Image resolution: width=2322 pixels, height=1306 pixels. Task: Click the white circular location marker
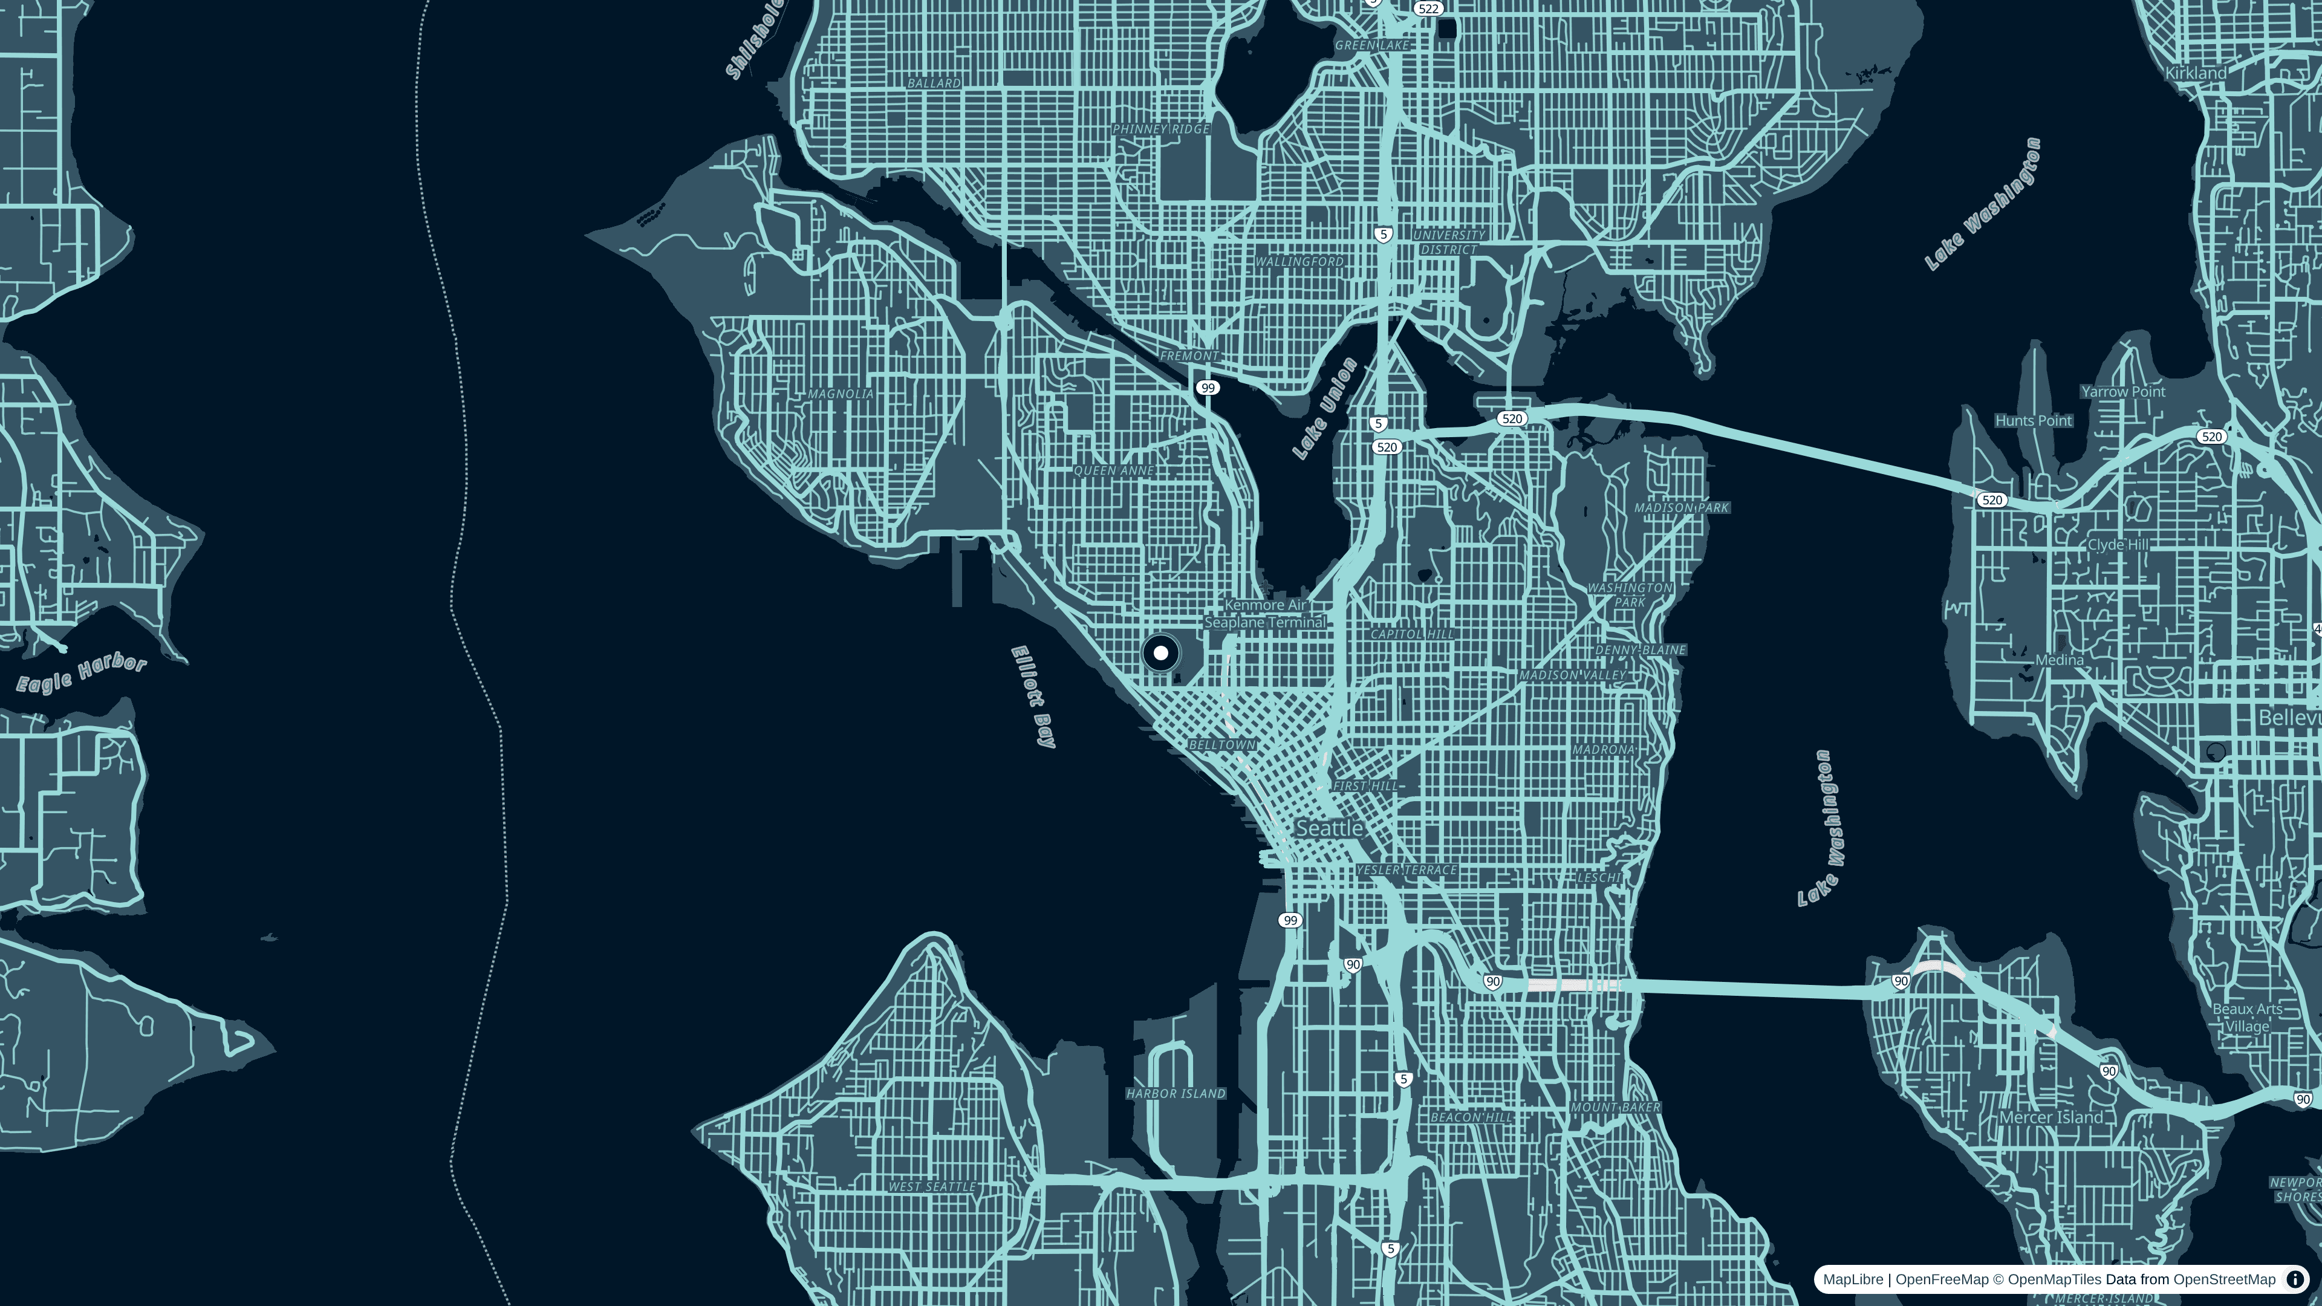tap(1161, 652)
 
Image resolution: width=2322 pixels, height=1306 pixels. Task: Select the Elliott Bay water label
tap(1033, 696)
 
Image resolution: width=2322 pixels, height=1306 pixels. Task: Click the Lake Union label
tap(1325, 408)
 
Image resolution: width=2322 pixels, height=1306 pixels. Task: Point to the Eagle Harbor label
tap(81, 674)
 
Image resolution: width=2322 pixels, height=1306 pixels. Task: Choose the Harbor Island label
tap(1176, 1093)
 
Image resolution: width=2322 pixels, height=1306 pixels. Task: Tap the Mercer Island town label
tap(2050, 1117)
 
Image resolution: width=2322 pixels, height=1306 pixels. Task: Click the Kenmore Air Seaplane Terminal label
tap(1266, 614)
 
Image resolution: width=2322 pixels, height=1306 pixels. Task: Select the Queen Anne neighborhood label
tap(1114, 470)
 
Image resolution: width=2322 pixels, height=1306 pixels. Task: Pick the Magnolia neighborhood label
tap(840, 394)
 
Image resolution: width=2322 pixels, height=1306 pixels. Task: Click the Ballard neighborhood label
tap(934, 83)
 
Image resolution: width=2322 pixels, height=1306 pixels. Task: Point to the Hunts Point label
tap(2034, 421)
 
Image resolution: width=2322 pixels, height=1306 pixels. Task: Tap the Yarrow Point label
tap(2123, 391)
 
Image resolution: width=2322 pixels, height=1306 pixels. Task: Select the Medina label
tap(2059, 660)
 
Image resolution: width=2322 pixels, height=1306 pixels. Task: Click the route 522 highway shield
tap(1428, 8)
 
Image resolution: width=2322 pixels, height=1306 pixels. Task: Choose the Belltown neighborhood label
tap(1222, 744)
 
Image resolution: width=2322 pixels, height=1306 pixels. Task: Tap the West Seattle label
tap(932, 1186)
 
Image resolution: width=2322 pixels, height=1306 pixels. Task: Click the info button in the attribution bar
tap(2295, 1279)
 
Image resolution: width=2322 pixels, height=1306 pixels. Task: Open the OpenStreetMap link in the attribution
tap(2224, 1279)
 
